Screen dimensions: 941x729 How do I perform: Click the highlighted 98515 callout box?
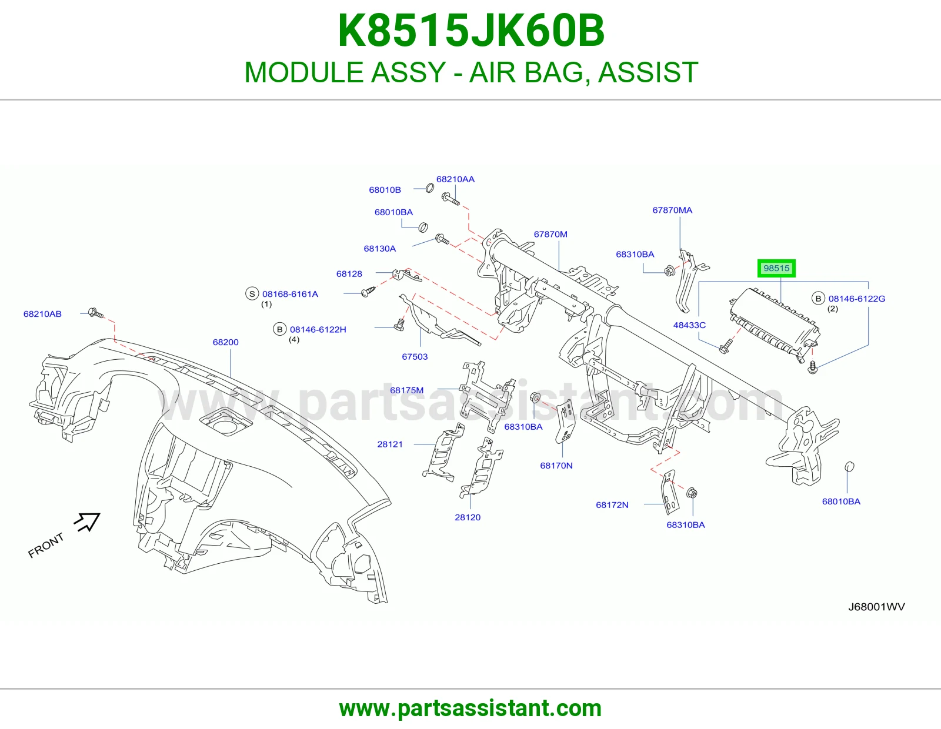tap(776, 269)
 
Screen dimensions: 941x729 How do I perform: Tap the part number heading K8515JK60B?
tap(471, 31)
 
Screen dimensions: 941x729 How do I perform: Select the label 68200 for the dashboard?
tap(226, 342)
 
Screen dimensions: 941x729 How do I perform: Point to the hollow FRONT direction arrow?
tap(88, 521)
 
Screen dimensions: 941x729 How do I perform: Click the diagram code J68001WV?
tap(876, 607)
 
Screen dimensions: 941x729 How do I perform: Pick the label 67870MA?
tap(672, 210)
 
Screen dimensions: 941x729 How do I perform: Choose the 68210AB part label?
tap(42, 314)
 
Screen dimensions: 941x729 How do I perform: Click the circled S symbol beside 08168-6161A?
tap(252, 293)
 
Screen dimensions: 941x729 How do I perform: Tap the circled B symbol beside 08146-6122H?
tap(280, 329)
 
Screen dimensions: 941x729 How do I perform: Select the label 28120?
tap(468, 517)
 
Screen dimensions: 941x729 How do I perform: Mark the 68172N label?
tap(612, 505)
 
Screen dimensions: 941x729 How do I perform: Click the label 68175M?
tap(406, 390)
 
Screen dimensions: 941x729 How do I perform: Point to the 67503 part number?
tap(415, 357)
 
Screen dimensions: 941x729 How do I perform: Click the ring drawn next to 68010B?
tap(429, 188)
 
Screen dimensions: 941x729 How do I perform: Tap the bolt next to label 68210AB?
tap(96, 313)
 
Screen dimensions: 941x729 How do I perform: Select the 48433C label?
tap(689, 325)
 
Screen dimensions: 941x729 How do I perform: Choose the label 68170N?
tap(556, 466)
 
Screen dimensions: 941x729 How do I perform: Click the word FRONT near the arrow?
tap(46, 546)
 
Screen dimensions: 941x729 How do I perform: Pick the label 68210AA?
tap(455, 179)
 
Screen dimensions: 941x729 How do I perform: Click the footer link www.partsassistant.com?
tap(470, 708)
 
